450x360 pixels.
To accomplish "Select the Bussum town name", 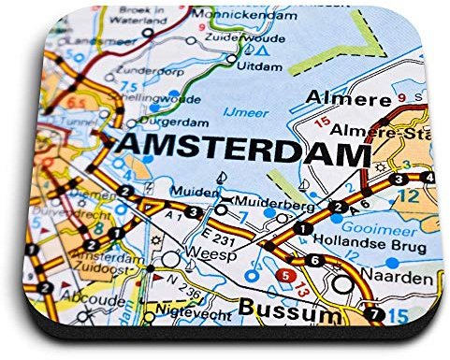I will pos(289,310).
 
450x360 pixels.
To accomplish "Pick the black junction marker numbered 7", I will pos(375,313).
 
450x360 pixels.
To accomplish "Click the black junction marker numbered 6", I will pos(315,260).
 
